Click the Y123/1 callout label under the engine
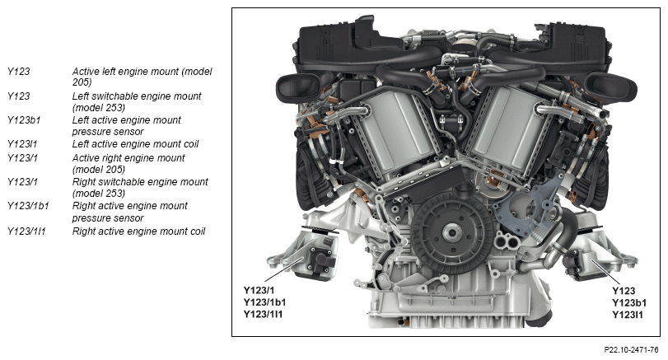coord(259,291)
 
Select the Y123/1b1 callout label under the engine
coord(264,302)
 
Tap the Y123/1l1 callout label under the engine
coord(263,315)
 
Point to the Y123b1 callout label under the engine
coord(629,303)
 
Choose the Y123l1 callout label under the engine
coord(628,315)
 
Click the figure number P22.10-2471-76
coord(632,350)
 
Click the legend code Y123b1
coord(24,120)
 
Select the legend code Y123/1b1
coord(28,206)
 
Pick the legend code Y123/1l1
coord(26,231)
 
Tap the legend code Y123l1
coord(22,144)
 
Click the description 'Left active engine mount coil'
coord(135,144)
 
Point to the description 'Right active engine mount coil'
coord(138,231)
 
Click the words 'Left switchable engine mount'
coord(137,96)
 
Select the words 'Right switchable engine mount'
coord(140,182)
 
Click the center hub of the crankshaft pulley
coord(451,232)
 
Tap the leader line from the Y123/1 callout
coord(284,269)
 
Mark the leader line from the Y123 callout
coord(605,272)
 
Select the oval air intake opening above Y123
coord(611,87)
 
